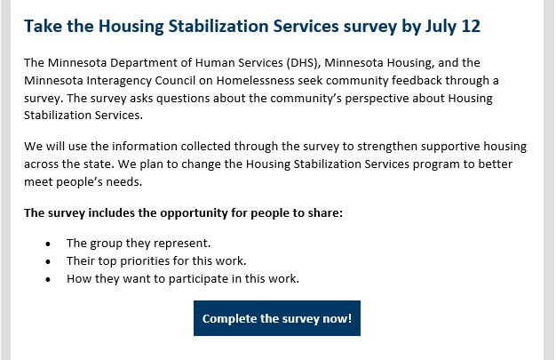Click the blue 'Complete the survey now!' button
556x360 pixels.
[x=277, y=318]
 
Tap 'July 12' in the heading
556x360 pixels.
[x=453, y=26]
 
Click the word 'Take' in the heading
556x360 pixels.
[x=43, y=26]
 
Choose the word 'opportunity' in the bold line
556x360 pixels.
[x=187, y=213]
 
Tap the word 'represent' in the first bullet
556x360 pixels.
[x=182, y=243]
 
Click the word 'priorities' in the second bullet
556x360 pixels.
[x=156, y=260]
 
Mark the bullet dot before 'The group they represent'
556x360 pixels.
[x=47, y=244]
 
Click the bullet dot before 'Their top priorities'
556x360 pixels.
[x=47, y=261]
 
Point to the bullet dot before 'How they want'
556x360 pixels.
[x=47, y=279]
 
